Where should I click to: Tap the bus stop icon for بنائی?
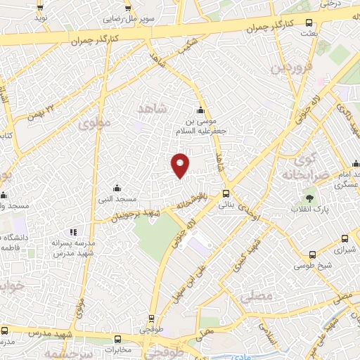(x=225, y=193)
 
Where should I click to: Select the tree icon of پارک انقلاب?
(x=308, y=198)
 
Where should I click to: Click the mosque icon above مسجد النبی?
(x=117, y=188)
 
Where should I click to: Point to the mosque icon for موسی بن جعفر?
(x=201, y=110)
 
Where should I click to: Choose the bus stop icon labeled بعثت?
(x=307, y=21)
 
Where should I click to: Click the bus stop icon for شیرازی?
(x=345, y=238)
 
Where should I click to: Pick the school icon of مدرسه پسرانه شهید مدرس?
(x=72, y=232)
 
